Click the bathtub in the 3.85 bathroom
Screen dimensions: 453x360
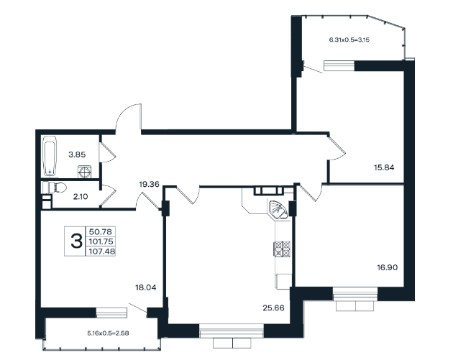point(50,156)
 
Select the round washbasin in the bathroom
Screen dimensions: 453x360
point(85,172)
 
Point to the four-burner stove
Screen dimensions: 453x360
point(282,249)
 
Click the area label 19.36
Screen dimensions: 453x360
point(149,184)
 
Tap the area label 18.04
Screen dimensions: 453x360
point(146,287)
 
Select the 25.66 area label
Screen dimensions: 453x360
point(273,308)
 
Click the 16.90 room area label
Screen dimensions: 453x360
point(388,267)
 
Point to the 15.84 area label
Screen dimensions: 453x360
point(384,167)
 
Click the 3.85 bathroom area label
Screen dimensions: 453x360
point(77,154)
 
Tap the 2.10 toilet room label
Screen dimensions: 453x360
point(81,197)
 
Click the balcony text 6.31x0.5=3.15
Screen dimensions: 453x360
point(349,40)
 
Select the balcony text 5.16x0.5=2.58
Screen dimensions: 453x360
point(108,333)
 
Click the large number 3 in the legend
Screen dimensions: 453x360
point(76,241)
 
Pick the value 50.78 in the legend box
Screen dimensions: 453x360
point(101,232)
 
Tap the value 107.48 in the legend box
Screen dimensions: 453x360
point(102,251)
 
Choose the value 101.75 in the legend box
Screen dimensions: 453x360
point(101,241)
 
